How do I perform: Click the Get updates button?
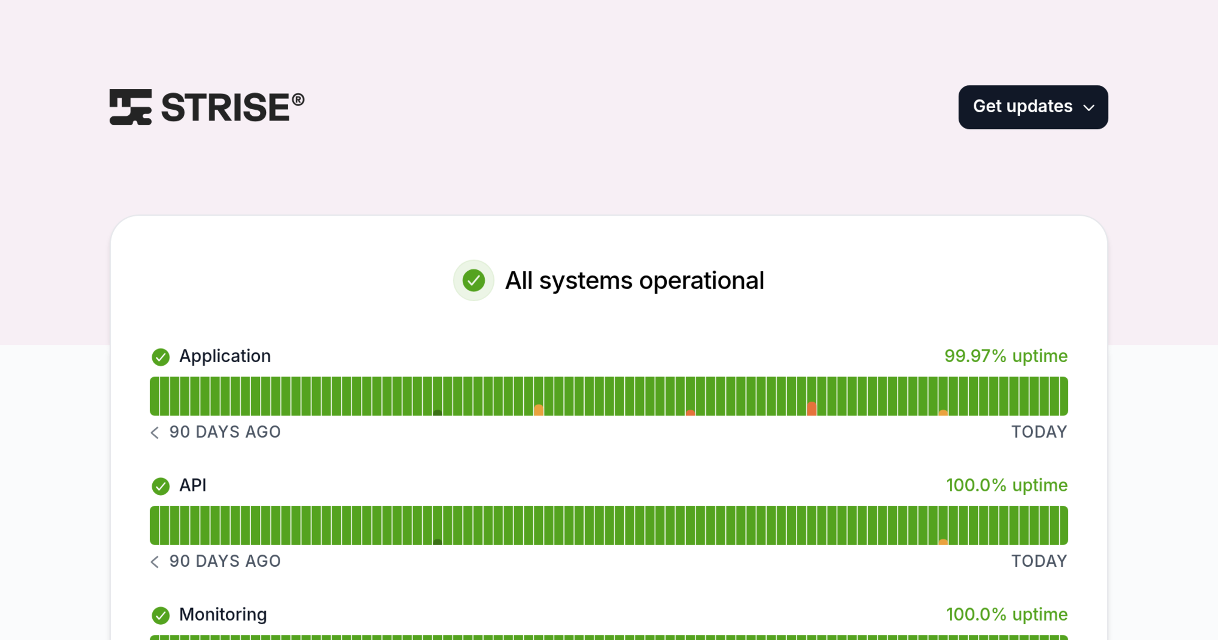point(1033,107)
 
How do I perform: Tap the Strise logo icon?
point(130,107)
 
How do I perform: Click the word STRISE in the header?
point(226,107)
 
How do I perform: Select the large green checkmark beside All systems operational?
point(473,280)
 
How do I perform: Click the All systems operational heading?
point(634,280)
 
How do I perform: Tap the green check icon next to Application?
point(161,357)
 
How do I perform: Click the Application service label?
point(225,357)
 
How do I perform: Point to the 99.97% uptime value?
point(1006,356)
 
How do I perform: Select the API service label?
point(193,486)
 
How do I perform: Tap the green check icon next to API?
point(161,486)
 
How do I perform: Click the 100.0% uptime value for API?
point(1007,485)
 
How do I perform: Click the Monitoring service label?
point(223,615)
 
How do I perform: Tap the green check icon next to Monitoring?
point(161,616)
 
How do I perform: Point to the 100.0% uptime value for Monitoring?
point(1007,615)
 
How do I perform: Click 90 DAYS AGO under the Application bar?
point(225,432)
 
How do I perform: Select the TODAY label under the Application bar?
point(1039,432)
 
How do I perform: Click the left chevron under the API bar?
point(155,561)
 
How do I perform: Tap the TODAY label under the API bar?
point(1039,561)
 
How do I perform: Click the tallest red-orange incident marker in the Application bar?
point(812,408)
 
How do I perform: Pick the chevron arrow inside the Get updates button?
point(1089,108)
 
